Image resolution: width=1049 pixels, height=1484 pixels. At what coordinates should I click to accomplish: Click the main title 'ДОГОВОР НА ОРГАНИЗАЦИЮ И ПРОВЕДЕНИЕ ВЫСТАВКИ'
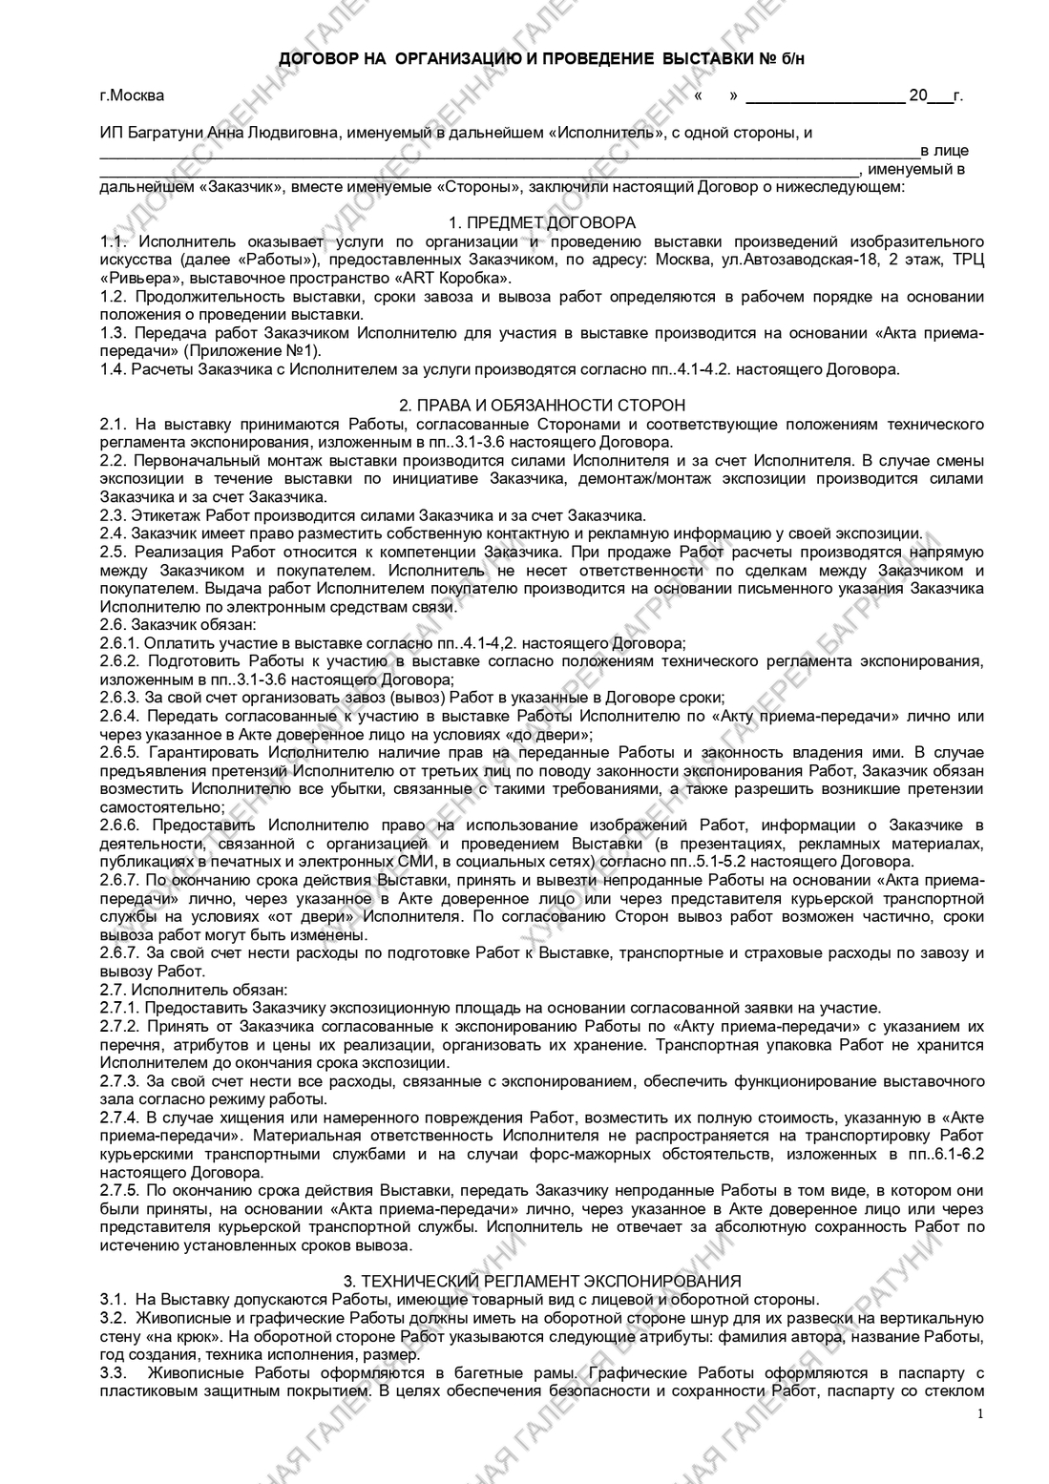click(515, 59)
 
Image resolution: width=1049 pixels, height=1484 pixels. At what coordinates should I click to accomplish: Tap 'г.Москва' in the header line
click(132, 95)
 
